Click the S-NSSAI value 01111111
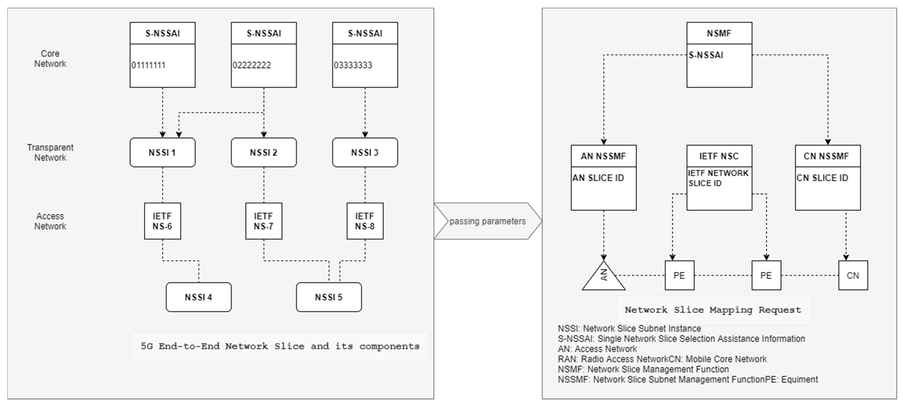[x=148, y=65]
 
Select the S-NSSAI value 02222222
[x=252, y=65]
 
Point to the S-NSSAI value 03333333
[x=353, y=65]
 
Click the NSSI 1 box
[x=162, y=153]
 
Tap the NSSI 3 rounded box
[x=365, y=153]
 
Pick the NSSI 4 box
[x=198, y=297]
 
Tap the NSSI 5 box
[x=329, y=297]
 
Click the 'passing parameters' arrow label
[x=487, y=221]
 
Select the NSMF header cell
[x=719, y=33]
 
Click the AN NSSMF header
[x=603, y=156]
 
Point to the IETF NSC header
[x=719, y=156]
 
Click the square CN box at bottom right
[x=853, y=276]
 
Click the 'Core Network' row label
[x=50, y=59]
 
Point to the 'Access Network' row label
[x=50, y=221]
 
